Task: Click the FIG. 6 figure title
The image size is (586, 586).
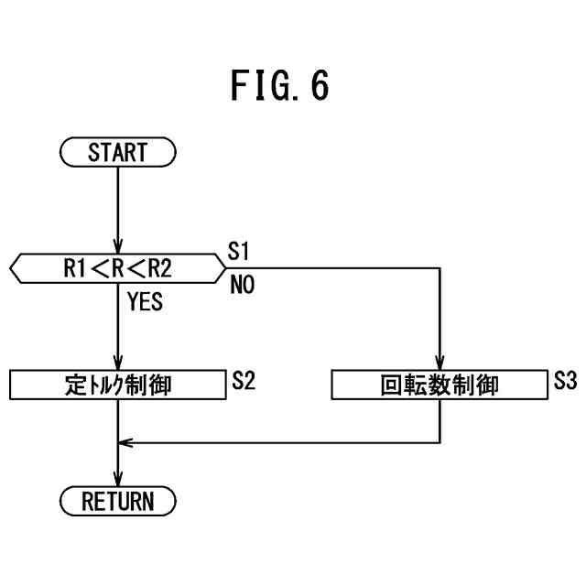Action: coord(279,85)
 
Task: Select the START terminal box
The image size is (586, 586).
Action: coord(118,152)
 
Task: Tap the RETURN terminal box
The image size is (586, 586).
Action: coord(118,501)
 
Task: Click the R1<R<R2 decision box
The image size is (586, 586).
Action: coord(118,268)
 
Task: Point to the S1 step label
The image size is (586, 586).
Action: coord(238,251)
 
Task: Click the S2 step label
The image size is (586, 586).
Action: coord(244,381)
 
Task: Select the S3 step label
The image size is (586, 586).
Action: coord(565,381)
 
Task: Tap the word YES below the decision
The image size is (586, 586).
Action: coord(145,301)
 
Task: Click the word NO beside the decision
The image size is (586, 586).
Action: coord(243,285)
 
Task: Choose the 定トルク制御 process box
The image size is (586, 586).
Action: coord(118,385)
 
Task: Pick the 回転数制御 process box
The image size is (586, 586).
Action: coord(439,385)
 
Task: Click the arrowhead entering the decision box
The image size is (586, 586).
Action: coord(118,247)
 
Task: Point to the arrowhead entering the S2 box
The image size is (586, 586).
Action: coord(118,364)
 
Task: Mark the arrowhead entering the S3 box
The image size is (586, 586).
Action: coord(439,364)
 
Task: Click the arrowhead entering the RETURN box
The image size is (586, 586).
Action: coord(118,480)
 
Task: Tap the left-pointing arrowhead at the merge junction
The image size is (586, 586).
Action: coord(125,443)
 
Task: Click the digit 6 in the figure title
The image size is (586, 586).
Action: coord(320,85)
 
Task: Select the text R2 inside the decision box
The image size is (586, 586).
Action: coord(160,268)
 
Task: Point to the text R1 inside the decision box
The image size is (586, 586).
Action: coord(75,268)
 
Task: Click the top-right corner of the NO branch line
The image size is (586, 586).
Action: coord(439,268)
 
